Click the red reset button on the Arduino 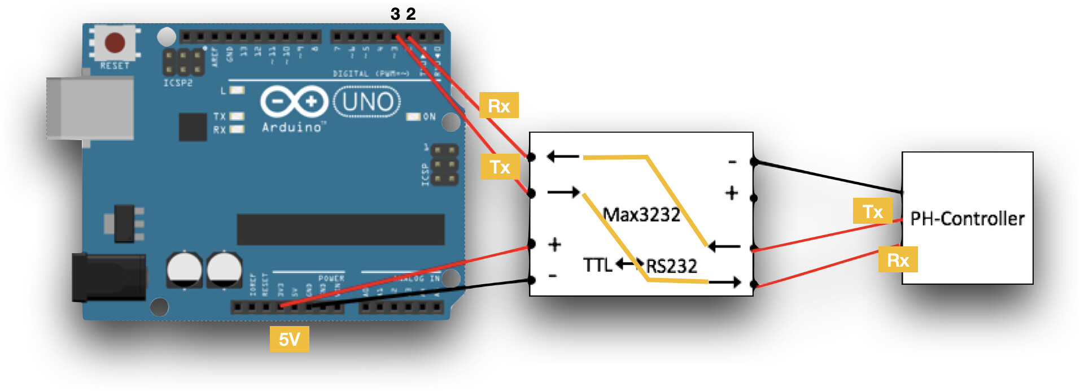115,42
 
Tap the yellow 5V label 289,339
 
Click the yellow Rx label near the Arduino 499,106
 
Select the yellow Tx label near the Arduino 500,167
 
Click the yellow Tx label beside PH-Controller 872,211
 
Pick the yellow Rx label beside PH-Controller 898,260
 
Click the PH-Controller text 967,219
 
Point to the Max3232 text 641,215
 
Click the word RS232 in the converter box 672,266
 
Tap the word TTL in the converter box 597,264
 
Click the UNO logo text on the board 367,102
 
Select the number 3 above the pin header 395,14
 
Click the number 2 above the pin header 411,14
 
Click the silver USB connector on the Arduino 90,107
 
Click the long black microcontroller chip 340,229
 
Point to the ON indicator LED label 429,117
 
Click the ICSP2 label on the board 178,83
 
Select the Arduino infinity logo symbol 294,102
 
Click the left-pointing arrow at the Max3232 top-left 563,157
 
